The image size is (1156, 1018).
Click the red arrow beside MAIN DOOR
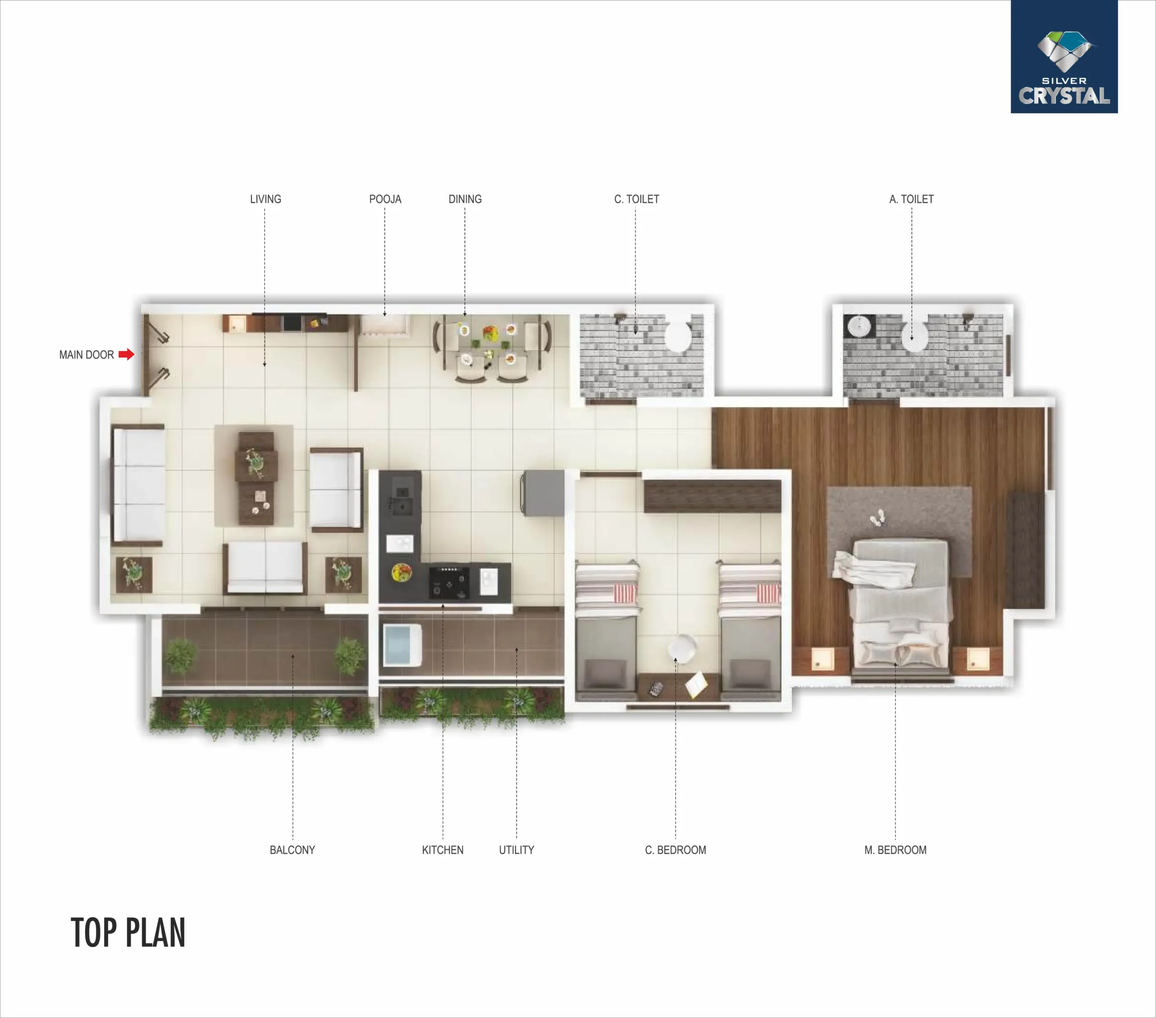click(x=126, y=354)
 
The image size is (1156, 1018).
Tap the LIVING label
click(x=265, y=199)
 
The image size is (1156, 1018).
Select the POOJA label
click(x=385, y=199)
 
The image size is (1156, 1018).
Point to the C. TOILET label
click(x=636, y=199)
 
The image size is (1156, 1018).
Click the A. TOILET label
click(x=911, y=199)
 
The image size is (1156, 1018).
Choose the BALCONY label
click(x=293, y=850)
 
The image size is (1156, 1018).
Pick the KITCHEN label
click(x=443, y=850)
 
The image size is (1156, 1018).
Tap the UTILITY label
click(x=516, y=850)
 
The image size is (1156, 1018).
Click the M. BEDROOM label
click(x=895, y=850)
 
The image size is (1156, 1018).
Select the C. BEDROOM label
click(x=675, y=850)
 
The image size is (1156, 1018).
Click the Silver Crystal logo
click(x=1064, y=56)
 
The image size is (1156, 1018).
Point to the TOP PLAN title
click(x=128, y=933)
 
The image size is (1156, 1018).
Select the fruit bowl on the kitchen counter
click(x=401, y=572)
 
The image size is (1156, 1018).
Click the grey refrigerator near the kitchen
click(x=543, y=493)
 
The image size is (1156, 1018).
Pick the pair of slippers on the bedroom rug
click(x=877, y=517)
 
